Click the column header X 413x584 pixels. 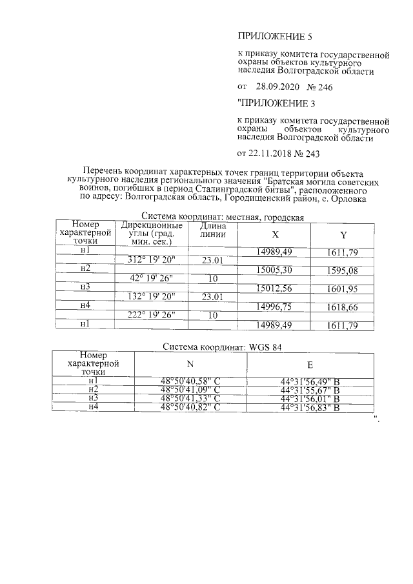(276, 234)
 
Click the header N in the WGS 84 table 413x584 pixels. (190, 365)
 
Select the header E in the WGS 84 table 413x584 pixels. (310, 365)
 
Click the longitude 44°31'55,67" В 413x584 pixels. (310, 390)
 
